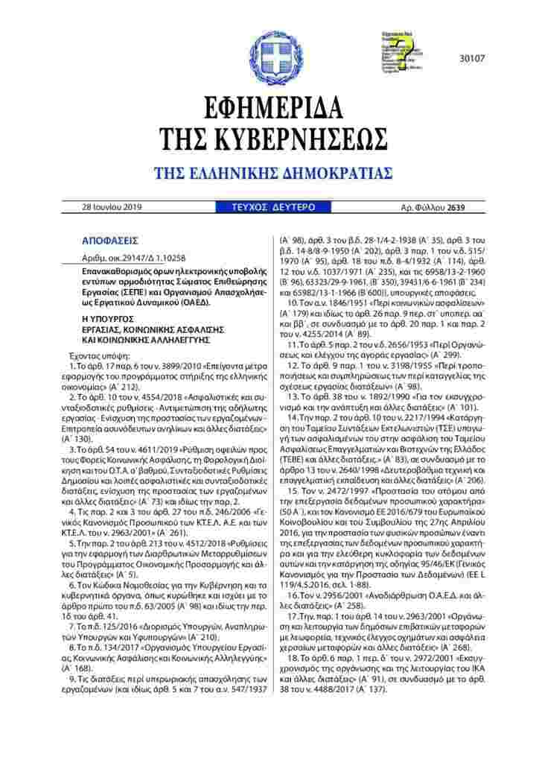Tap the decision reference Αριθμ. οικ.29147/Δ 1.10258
[x=130, y=255]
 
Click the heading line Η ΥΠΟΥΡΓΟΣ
[x=108, y=317]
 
